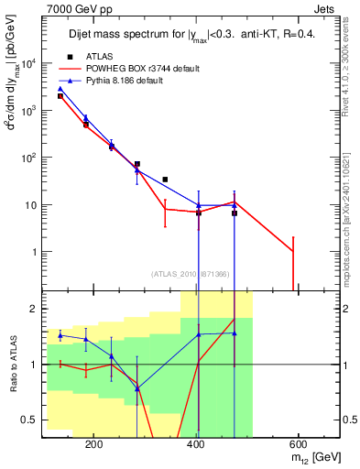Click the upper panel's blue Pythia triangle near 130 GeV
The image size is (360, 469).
[60, 89]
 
